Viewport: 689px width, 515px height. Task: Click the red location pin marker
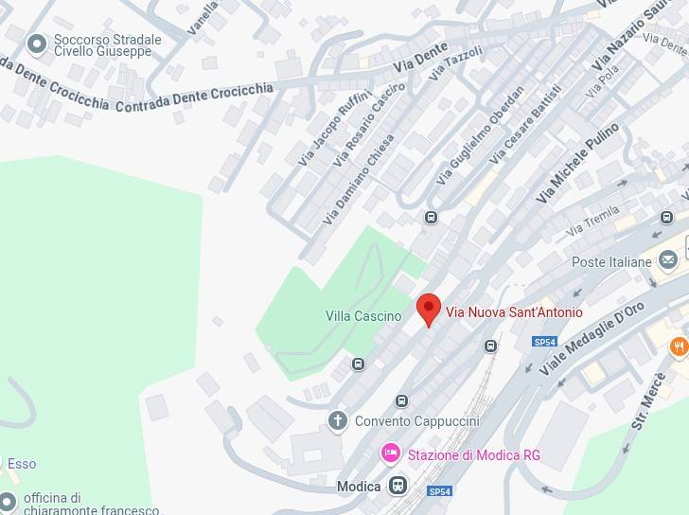point(429,310)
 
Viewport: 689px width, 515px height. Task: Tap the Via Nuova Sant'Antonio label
point(514,311)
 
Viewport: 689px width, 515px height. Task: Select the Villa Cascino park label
point(363,316)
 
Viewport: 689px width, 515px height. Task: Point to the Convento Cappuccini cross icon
point(338,420)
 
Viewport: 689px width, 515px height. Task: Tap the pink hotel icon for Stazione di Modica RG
point(390,454)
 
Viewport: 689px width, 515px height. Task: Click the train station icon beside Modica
point(397,487)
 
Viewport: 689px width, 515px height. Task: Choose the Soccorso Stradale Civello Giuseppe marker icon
point(37,44)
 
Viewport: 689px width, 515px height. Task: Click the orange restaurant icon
point(679,347)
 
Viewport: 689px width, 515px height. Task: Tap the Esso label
point(22,464)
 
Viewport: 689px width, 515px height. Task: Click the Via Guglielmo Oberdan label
point(480,136)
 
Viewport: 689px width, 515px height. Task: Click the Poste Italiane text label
point(611,261)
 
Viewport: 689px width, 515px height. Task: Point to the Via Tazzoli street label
point(456,62)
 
